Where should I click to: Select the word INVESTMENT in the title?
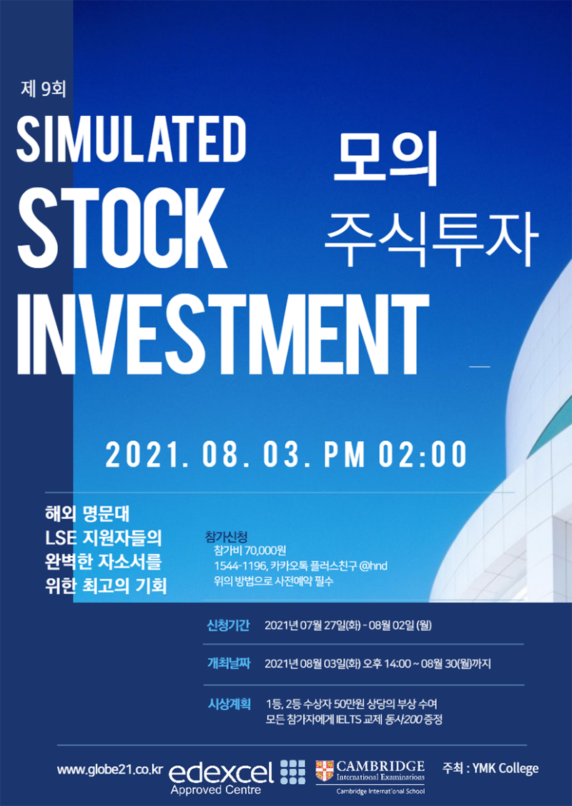(223, 334)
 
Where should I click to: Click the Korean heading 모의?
(385, 160)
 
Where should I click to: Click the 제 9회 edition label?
(44, 89)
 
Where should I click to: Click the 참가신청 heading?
(227, 537)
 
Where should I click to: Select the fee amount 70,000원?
(265, 552)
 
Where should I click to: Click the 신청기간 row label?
(228, 625)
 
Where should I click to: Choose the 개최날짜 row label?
(228, 663)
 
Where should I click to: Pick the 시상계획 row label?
(228, 704)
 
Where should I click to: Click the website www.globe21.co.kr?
(110, 770)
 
